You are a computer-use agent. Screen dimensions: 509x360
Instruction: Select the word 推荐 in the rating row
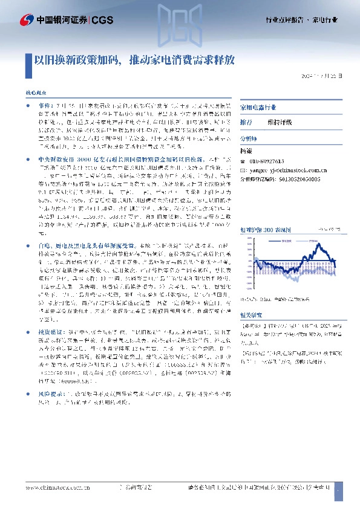[x=246, y=122]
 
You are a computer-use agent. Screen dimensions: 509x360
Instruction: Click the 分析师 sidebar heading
[x=249, y=138]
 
